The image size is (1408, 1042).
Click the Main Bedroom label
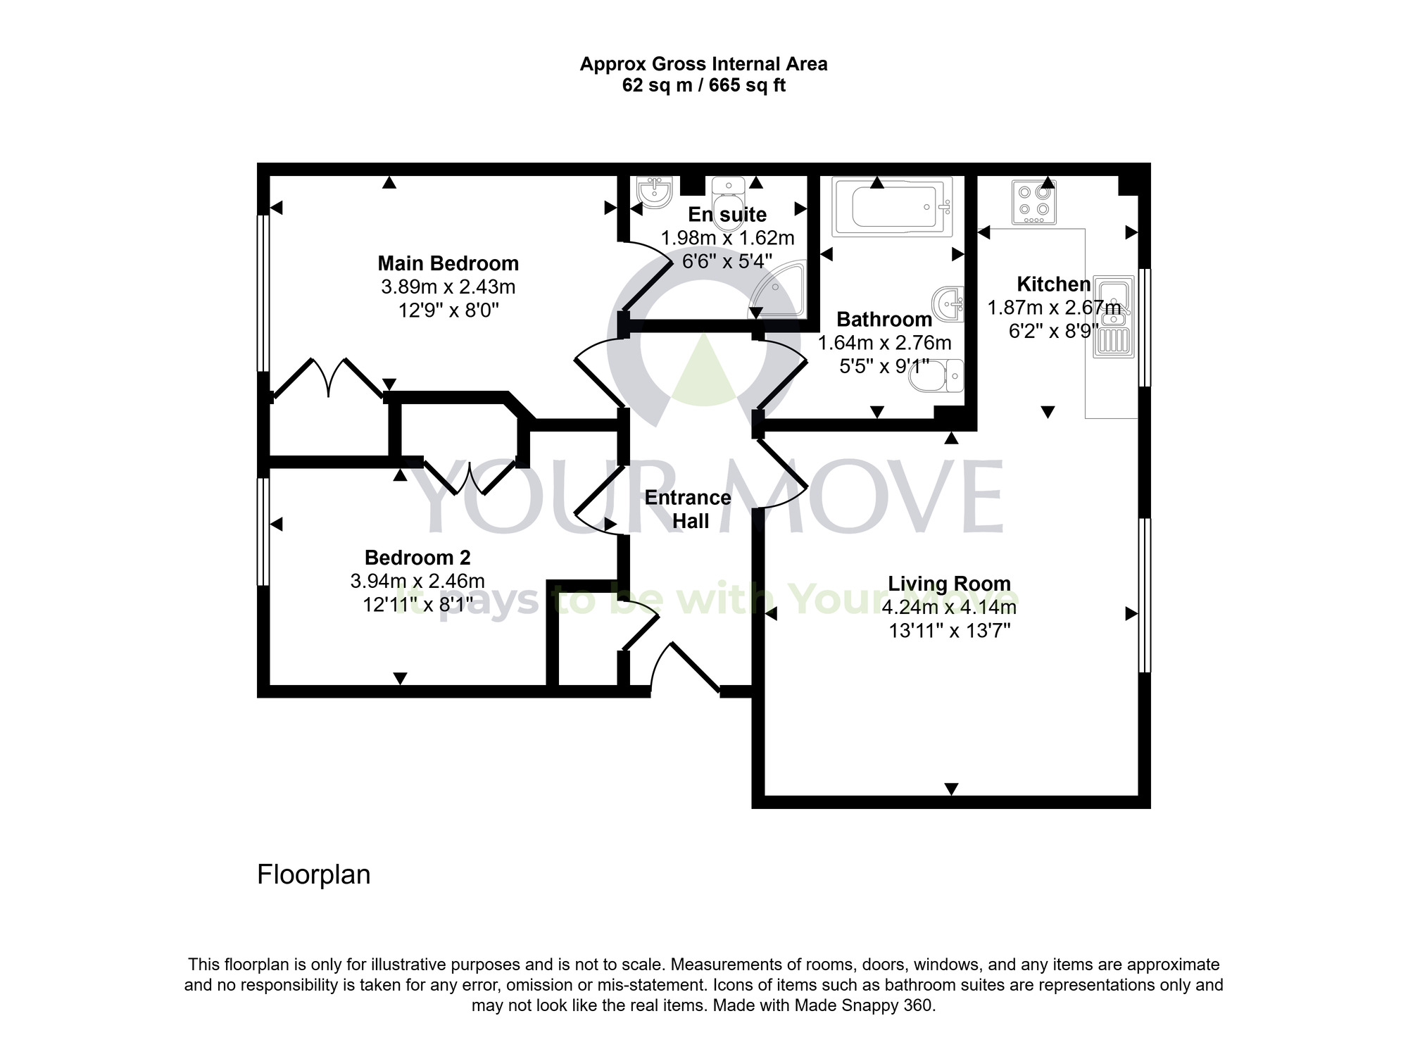tap(448, 263)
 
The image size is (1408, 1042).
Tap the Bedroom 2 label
tap(417, 558)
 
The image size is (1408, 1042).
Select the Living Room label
tap(949, 584)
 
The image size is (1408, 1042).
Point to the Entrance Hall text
tap(688, 509)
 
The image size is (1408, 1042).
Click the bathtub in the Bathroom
tap(892, 206)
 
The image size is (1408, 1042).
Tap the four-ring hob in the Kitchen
tap(1034, 202)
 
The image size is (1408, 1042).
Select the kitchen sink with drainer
tap(1114, 315)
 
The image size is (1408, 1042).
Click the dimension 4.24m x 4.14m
tap(949, 607)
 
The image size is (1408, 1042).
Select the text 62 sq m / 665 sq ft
tap(703, 86)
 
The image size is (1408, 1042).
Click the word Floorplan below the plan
tap(313, 874)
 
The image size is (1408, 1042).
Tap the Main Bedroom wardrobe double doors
tap(329, 379)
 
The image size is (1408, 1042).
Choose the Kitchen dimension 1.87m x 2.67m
tap(1054, 308)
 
